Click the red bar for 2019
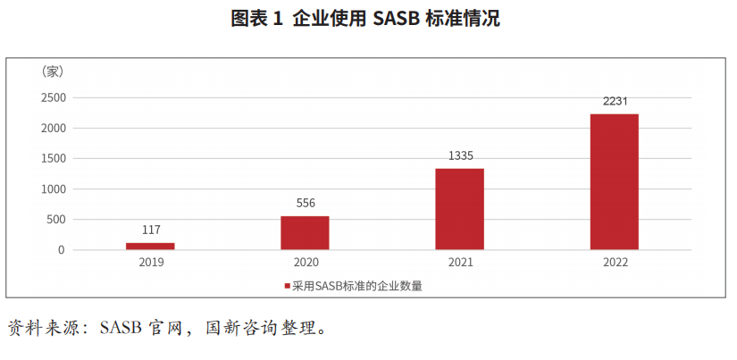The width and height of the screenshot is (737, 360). pyautogui.click(x=150, y=246)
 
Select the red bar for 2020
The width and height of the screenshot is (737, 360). pyautogui.click(x=305, y=232)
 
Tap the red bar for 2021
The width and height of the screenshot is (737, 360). pyautogui.click(x=459, y=209)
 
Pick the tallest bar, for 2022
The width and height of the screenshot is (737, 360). pyautogui.click(x=615, y=181)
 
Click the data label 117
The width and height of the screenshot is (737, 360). pyautogui.click(x=150, y=230)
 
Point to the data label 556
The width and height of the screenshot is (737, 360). pyautogui.click(x=305, y=203)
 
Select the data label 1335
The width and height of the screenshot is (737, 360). pyautogui.click(x=460, y=155)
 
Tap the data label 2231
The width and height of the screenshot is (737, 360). pyautogui.click(x=615, y=101)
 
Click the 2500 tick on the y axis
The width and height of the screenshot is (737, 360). pyautogui.click(x=54, y=97)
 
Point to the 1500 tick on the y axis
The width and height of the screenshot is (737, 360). pyautogui.click(x=54, y=158)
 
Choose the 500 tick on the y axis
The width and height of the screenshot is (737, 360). pyautogui.click(x=57, y=219)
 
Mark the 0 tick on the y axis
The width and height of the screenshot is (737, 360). pyautogui.click(x=62, y=249)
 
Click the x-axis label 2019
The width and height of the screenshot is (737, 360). pyautogui.click(x=150, y=263)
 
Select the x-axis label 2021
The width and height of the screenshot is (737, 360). pyautogui.click(x=460, y=263)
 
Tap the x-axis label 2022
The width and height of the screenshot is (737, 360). pyautogui.click(x=615, y=263)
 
